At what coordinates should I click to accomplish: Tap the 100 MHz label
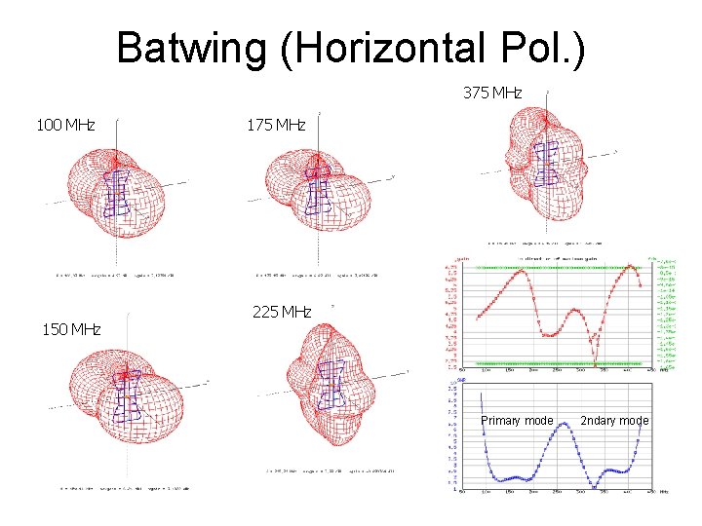click(x=65, y=125)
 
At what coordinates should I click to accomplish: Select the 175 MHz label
click(x=276, y=125)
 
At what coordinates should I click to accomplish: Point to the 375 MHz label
click(x=492, y=94)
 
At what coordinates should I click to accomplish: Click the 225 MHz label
click(x=282, y=312)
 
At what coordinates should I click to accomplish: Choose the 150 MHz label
click(x=71, y=329)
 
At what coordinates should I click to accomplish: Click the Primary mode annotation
click(x=517, y=421)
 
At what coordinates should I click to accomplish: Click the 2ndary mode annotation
click(x=614, y=421)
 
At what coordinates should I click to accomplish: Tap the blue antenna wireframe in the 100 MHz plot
click(x=119, y=193)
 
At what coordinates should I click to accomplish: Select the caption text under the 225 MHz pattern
click(x=331, y=470)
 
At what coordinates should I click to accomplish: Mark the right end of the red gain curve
click(x=640, y=286)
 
